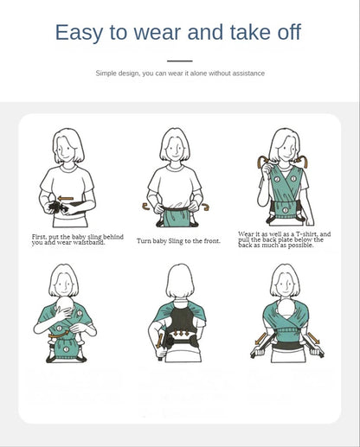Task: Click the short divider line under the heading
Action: (179, 61)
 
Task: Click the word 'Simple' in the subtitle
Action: (107, 73)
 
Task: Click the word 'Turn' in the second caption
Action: (144, 240)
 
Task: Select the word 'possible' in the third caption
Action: (296, 246)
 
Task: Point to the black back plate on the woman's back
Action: (180, 324)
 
